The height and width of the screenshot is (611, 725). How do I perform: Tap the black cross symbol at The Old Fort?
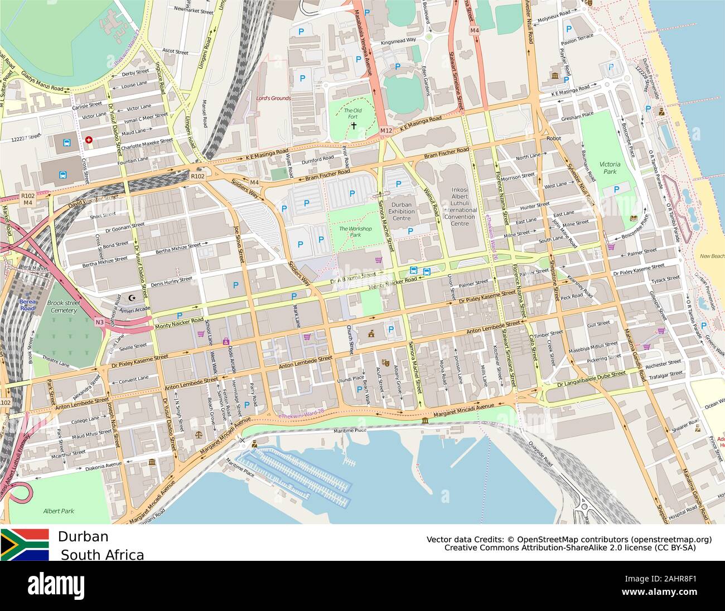click(x=353, y=126)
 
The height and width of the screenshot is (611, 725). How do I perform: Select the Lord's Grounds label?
click(x=273, y=98)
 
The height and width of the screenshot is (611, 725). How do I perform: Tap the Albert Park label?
click(x=59, y=511)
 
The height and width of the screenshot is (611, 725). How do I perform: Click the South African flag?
click(x=25, y=545)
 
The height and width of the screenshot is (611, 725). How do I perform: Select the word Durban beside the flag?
click(x=83, y=536)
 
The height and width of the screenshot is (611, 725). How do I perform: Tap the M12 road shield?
click(x=386, y=130)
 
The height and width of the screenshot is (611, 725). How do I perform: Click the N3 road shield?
click(x=99, y=322)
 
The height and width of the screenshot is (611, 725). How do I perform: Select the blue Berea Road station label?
click(x=27, y=304)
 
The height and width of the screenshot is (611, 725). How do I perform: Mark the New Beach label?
click(x=712, y=256)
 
